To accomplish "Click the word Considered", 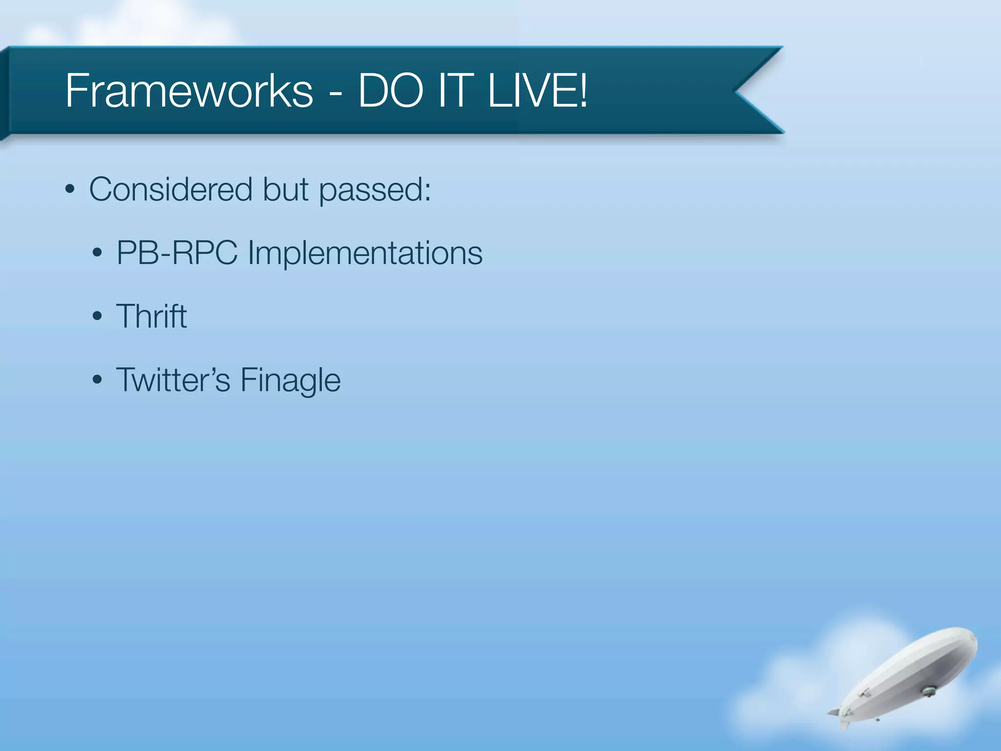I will click(171, 189).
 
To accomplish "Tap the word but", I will click(285, 189).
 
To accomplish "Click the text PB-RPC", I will click(176, 253).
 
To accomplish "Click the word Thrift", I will click(151, 316).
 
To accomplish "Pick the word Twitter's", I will click(173, 380).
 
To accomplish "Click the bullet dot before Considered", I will click(70, 190).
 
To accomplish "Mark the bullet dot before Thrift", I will click(97, 316).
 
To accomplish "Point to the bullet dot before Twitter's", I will click(97, 380).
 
